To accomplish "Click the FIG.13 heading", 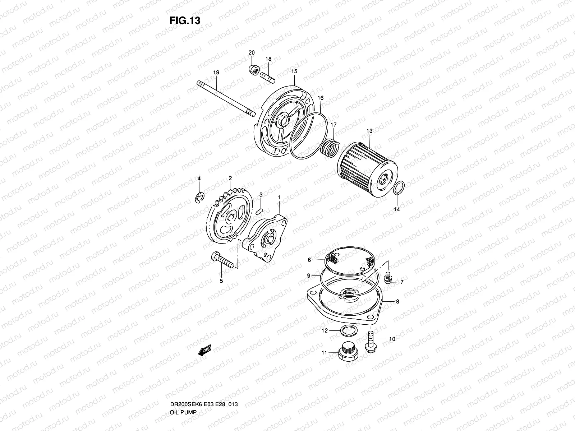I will click(x=184, y=21).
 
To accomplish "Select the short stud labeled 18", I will click(x=268, y=76).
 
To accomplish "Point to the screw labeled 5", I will click(x=224, y=261).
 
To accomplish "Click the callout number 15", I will click(x=294, y=71).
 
